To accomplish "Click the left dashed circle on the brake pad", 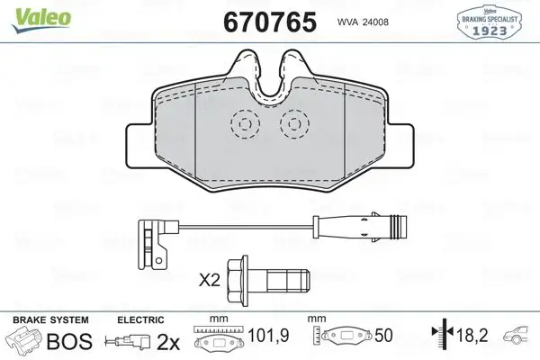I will (x=243, y=126).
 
